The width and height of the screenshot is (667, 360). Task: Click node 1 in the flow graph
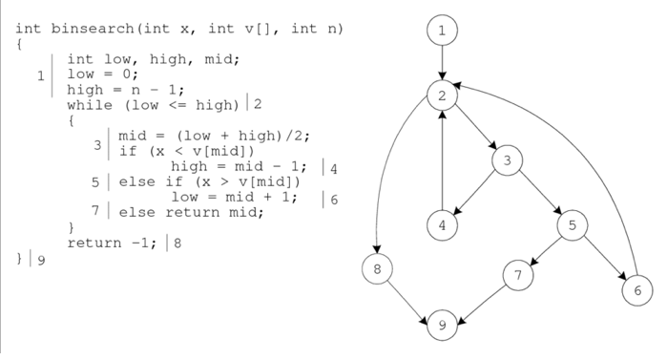click(442, 32)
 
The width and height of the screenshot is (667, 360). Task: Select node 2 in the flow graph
click(442, 95)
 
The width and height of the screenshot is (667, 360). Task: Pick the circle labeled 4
click(442, 226)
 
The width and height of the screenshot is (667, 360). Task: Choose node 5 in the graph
click(573, 226)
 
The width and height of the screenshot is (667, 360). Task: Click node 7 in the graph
click(518, 275)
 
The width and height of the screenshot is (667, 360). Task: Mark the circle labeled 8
click(377, 269)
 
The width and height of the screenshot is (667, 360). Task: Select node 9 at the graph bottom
click(442, 325)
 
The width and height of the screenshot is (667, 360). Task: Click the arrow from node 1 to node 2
click(442, 63)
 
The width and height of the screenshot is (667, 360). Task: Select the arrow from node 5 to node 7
click(546, 250)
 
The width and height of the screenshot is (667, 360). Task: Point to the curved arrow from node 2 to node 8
click(385, 172)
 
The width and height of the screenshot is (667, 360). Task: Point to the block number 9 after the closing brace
click(40, 261)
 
